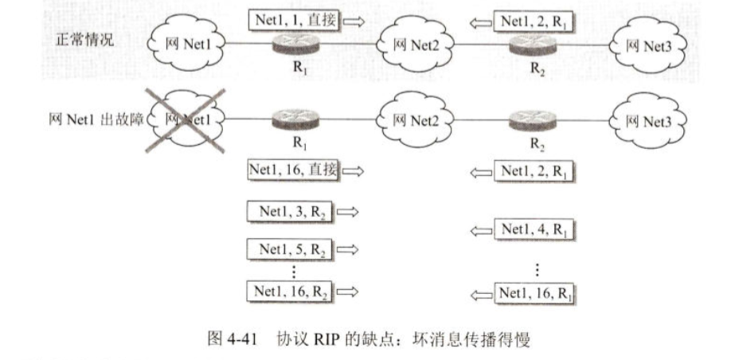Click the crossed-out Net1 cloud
185,120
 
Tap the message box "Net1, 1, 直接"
294,20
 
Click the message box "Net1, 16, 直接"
294,170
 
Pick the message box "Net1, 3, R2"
291,212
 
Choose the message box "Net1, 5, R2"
291,249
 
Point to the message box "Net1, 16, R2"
291,292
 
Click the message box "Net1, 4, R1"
535,230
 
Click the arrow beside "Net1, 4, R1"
481,230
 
